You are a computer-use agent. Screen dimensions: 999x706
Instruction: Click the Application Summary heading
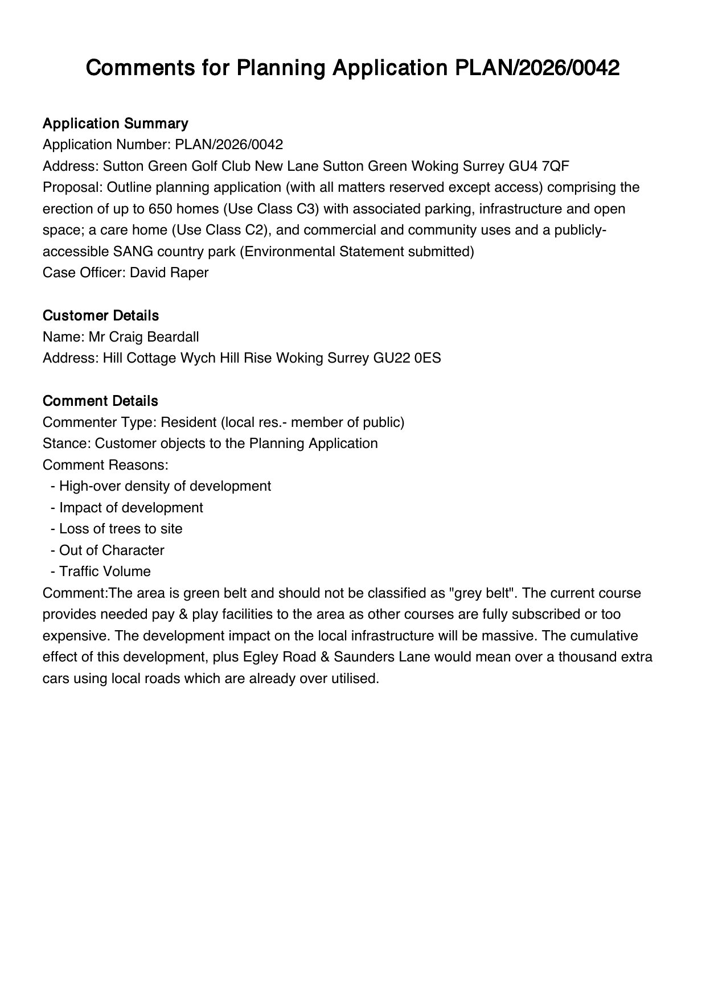tap(115, 124)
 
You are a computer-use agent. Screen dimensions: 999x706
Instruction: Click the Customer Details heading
tap(101, 315)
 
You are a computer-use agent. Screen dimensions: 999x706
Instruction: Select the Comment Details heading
tap(100, 401)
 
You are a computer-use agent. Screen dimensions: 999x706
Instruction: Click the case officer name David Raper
tap(169, 273)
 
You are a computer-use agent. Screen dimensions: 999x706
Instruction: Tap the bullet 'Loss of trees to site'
tap(121, 529)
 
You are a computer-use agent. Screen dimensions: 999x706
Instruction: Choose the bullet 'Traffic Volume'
tap(105, 572)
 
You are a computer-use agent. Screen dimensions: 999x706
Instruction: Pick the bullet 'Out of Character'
tap(112, 550)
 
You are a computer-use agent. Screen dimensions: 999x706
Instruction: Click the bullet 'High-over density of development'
tap(165, 486)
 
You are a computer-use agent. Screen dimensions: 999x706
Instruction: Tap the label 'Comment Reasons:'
tap(105, 465)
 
